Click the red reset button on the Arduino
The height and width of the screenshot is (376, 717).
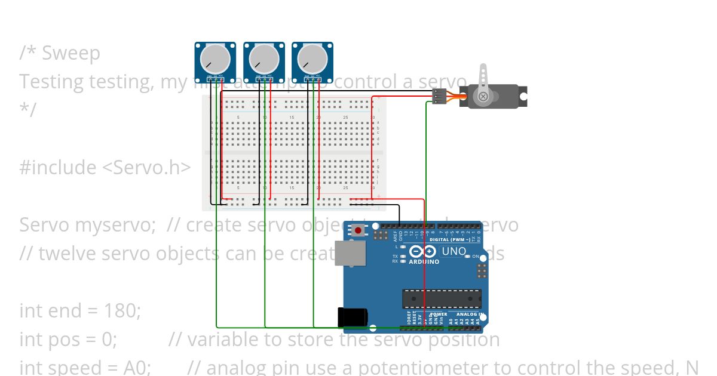(358, 230)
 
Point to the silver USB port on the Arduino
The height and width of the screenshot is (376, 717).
(351, 252)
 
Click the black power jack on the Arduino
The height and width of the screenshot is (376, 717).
(352, 317)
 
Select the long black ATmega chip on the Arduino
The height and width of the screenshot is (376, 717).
(442, 298)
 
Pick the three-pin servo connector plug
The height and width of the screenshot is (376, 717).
(439, 95)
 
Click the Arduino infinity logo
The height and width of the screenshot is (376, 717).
(421, 251)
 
